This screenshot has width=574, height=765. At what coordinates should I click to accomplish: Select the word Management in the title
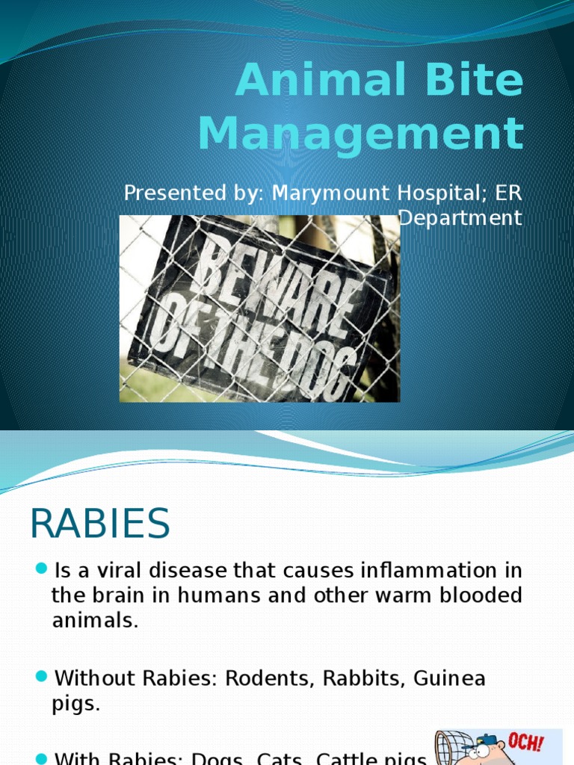361,134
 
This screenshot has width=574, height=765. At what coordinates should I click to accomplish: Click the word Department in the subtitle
460,218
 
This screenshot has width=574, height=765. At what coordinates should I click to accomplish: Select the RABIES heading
100,524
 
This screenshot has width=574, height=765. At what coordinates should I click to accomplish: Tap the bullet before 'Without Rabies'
41,678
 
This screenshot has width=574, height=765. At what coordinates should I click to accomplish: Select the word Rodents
267,679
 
